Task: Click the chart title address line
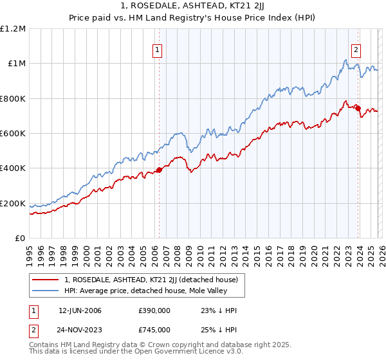[x=193, y=5]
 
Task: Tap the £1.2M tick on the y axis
[x=13, y=29]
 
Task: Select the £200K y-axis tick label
[x=13, y=203]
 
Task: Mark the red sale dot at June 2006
[x=159, y=170]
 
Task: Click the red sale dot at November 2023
[x=358, y=109]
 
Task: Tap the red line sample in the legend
[x=46, y=280]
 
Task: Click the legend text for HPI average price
[x=146, y=291]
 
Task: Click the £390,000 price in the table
[x=154, y=310]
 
